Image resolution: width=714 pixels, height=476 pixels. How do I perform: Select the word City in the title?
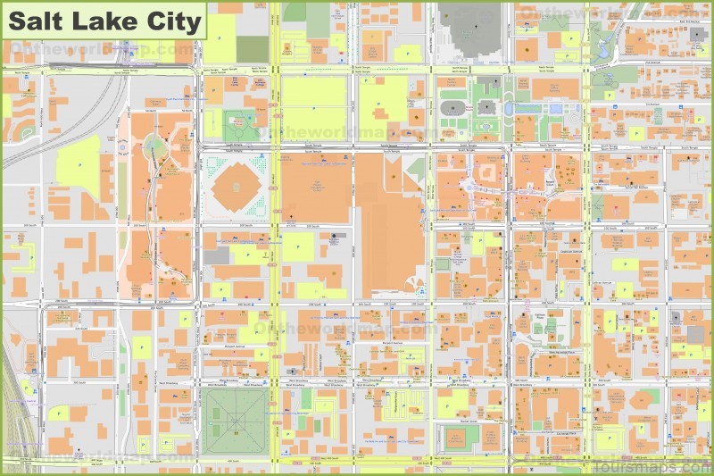[x=170, y=21]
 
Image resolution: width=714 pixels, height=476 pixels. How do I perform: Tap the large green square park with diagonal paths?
[x=234, y=419]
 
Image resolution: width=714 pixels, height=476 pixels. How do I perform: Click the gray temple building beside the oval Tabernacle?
[x=486, y=107]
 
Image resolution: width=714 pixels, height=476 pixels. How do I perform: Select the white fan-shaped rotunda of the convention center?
[x=412, y=285]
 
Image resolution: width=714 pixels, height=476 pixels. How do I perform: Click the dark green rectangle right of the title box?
[x=253, y=49]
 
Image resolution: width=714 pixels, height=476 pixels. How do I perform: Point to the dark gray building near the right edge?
[x=695, y=334]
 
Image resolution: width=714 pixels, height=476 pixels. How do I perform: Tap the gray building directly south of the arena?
[x=217, y=256]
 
